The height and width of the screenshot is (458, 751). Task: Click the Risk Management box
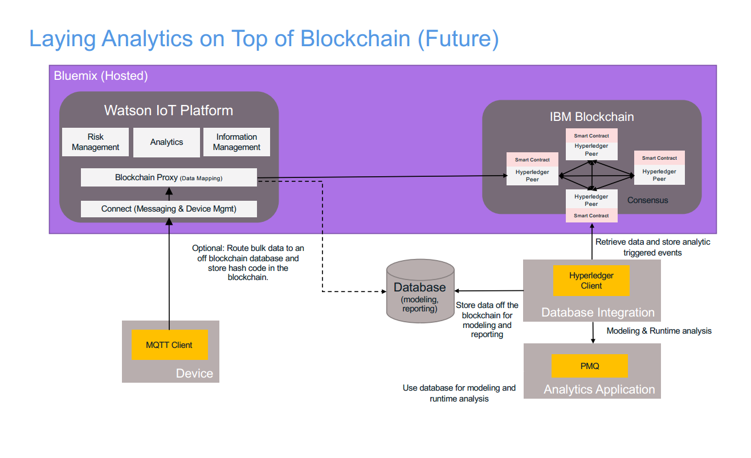(96, 142)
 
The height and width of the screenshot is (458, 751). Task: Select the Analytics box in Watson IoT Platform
(166, 142)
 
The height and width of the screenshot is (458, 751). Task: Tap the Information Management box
(236, 142)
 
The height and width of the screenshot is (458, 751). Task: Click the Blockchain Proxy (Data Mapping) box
(169, 177)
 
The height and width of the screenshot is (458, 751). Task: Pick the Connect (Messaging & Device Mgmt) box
(169, 209)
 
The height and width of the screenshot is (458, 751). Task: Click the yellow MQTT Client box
(170, 345)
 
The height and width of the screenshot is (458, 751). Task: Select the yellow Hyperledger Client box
(591, 281)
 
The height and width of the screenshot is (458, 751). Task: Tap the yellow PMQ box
(590, 366)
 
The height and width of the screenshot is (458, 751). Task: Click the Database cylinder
(421, 291)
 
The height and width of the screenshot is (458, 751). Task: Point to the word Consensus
(648, 200)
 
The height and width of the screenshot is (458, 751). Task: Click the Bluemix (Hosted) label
(101, 76)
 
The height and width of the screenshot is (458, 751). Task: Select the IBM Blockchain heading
(592, 117)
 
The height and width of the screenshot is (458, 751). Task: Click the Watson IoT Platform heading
(169, 111)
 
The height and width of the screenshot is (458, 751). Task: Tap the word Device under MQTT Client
(194, 374)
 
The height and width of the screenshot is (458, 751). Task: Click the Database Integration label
(598, 313)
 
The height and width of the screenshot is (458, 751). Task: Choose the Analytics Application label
(599, 390)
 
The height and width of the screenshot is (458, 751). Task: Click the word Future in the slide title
(458, 39)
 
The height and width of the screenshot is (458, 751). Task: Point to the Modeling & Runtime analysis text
(659, 331)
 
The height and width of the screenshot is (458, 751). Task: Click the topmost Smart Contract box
(591, 136)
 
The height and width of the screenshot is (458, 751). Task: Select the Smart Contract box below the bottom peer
(591, 216)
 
